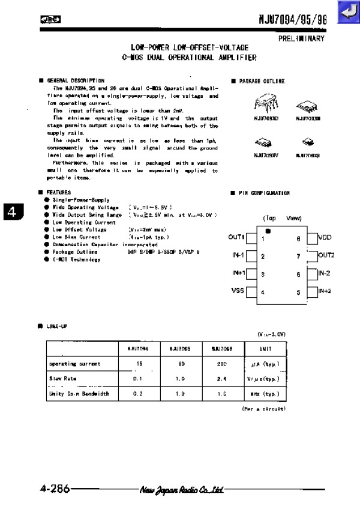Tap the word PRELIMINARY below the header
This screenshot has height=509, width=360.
tap(301, 38)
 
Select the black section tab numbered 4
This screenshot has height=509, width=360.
tap(13, 212)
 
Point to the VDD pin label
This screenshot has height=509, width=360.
tap(325, 238)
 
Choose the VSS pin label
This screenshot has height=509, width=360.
tap(238, 291)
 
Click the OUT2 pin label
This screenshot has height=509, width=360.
tap(326, 255)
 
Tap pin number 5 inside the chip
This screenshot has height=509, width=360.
tap(298, 292)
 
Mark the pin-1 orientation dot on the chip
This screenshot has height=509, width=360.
tap(268, 230)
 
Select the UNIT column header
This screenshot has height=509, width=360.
tap(265, 349)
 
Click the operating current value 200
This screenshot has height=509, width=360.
tap(221, 364)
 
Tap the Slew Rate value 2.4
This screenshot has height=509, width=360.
tap(221, 379)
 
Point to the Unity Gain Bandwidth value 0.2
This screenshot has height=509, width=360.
tap(137, 394)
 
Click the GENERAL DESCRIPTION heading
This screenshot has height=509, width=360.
tap(75, 80)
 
